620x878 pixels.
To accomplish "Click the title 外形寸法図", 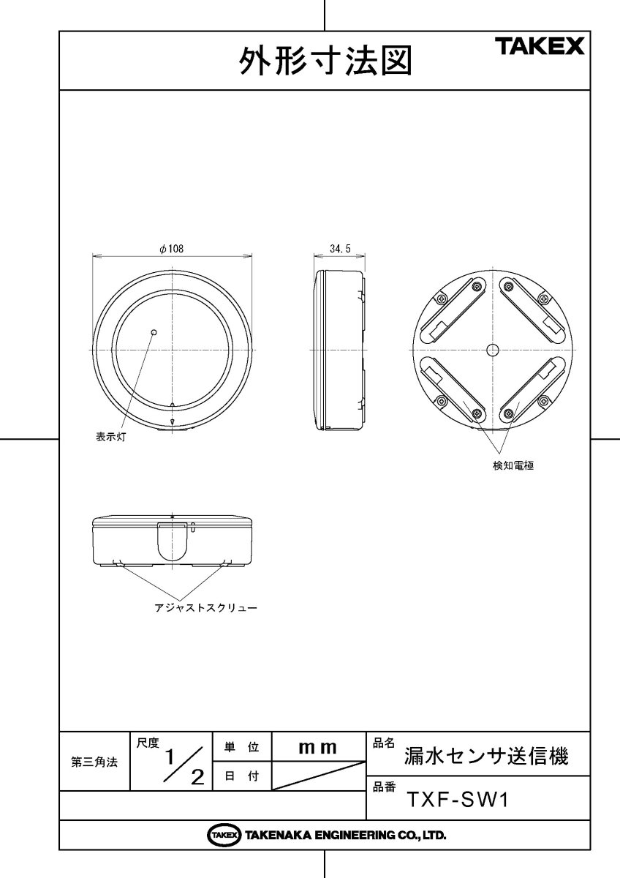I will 325,63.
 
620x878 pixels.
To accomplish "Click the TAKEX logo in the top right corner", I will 541,48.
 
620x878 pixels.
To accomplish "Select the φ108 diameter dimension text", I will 171,249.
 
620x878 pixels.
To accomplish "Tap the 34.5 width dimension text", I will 340,249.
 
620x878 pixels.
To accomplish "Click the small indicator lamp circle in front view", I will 154,332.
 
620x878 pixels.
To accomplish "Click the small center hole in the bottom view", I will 493,350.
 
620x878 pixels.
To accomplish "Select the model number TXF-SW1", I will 457,800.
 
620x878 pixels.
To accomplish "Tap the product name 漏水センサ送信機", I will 486,756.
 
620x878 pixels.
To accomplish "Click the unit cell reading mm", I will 318,747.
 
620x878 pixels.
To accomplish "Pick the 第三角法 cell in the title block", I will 94,762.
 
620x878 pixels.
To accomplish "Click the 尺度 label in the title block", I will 148,743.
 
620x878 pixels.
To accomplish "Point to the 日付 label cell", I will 241,777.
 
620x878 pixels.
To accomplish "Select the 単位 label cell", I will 241,747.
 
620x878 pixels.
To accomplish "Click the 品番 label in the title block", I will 384,787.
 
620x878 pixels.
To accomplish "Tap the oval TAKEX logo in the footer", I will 224,835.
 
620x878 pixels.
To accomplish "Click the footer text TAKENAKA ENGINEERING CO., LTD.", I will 345,835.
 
